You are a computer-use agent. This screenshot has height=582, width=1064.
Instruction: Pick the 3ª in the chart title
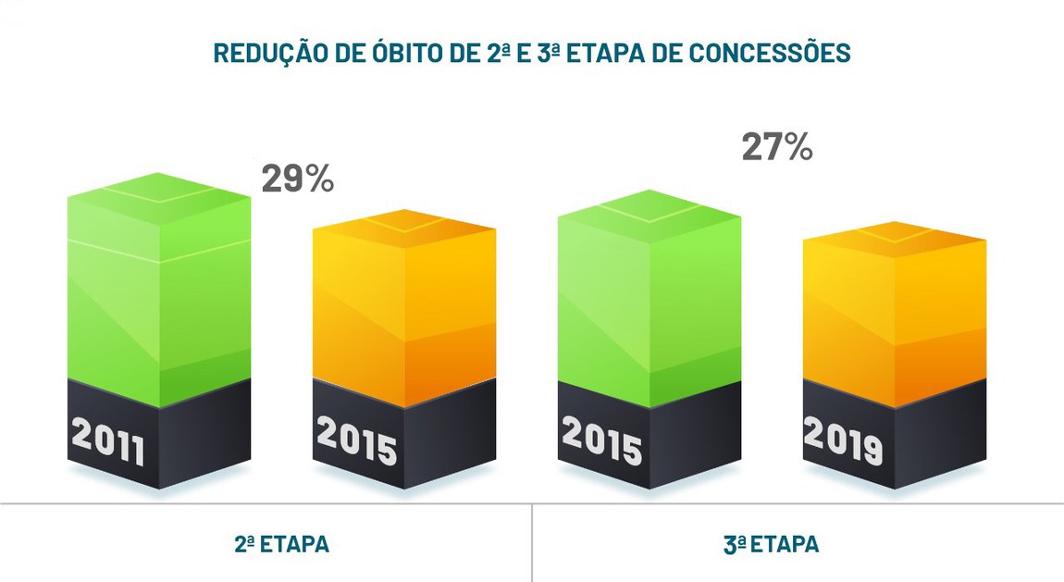549,54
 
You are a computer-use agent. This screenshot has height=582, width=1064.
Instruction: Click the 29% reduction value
297,179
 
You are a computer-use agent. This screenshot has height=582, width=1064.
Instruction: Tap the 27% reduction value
777,147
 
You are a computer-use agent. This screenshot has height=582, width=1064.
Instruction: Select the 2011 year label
108,444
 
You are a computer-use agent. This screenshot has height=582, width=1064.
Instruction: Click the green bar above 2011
159,296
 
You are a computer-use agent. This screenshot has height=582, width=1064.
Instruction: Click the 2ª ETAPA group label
281,544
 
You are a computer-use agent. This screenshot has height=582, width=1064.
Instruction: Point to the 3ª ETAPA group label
771,544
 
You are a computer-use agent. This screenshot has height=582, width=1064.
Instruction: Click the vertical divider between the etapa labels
532,542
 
